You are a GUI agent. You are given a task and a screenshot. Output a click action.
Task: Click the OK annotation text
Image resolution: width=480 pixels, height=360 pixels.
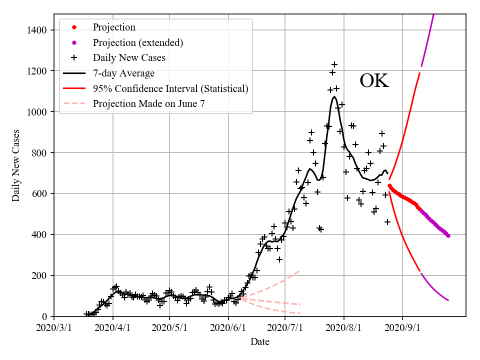(374, 81)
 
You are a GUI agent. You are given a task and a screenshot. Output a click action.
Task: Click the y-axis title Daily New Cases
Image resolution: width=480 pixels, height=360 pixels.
(16, 165)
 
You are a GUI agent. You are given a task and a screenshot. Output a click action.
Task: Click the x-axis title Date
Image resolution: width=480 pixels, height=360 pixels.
(260, 342)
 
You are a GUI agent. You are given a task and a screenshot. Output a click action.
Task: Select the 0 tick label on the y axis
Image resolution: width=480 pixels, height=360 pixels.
(45, 316)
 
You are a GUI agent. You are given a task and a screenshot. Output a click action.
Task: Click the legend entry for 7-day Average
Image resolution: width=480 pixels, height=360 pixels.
(123, 73)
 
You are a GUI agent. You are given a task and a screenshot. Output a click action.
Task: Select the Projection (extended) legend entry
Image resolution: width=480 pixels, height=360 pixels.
(137, 42)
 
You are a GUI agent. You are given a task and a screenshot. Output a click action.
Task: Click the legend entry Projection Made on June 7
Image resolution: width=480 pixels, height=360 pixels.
(148, 104)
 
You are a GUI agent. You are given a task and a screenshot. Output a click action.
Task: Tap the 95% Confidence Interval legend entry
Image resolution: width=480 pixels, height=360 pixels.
(170, 89)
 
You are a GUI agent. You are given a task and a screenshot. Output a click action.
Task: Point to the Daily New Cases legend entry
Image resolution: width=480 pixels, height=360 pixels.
(128, 58)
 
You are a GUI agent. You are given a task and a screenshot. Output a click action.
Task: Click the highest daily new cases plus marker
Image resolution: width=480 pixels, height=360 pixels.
(334, 64)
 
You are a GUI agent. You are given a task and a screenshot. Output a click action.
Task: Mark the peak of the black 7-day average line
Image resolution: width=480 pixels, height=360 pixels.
(334, 96)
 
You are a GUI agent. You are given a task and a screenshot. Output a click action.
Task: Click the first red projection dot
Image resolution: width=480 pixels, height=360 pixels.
(389, 185)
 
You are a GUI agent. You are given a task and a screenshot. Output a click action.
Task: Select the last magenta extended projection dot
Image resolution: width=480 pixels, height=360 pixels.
(448, 235)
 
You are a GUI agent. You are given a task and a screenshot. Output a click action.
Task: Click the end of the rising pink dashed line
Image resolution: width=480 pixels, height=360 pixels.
(299, 270)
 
